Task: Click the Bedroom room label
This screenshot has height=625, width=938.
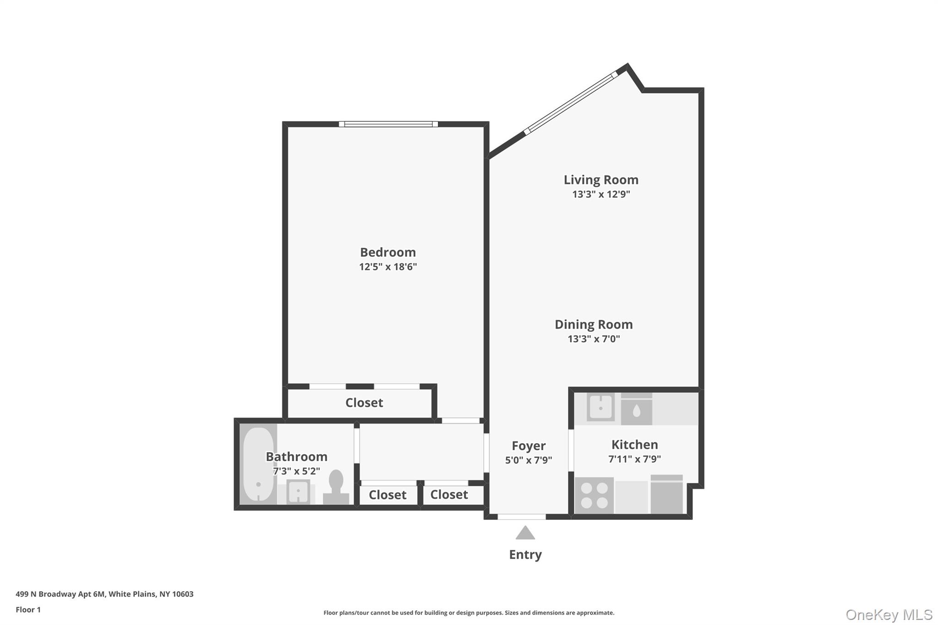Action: (387, 252)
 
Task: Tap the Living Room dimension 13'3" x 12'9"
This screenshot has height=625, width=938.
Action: (601, 194)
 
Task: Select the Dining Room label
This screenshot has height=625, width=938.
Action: (594, 325)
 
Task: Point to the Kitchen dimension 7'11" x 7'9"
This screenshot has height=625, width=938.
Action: (634, 459)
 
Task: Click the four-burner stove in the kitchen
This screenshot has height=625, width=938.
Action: (594, 495)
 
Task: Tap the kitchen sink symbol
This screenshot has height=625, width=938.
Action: (600, 407)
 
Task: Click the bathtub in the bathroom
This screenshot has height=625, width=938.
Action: (258, 464)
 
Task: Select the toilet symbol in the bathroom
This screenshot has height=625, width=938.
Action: (336, 487)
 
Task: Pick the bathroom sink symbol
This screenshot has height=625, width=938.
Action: (298, 492)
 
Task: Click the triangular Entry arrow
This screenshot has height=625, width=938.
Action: (525, 533)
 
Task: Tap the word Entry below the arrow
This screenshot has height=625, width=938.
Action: (525, 554)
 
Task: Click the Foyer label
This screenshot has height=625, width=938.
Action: (529, 446)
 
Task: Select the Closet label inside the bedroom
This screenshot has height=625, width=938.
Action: (364, 402)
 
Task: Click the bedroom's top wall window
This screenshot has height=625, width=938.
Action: (388, 124)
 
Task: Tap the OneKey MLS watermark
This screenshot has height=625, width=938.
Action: (889, 614)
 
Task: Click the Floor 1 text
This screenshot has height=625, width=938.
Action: (28, 609)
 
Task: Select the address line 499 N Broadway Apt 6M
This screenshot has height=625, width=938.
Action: (104, 594)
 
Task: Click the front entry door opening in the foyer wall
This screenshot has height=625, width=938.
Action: (522, 516)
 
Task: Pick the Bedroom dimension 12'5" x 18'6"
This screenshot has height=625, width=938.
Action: (387, 266)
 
